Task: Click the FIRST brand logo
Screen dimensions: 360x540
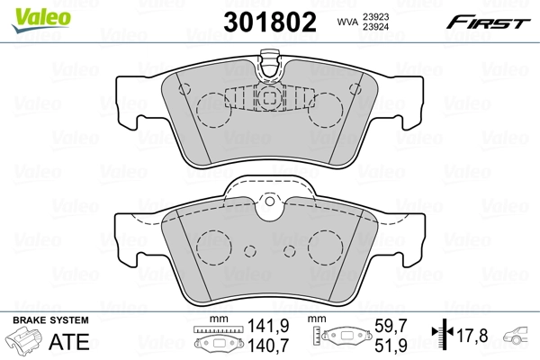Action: [490, 21]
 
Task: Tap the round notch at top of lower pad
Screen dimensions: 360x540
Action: [270, 209]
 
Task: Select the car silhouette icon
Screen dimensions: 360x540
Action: [519, 336]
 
